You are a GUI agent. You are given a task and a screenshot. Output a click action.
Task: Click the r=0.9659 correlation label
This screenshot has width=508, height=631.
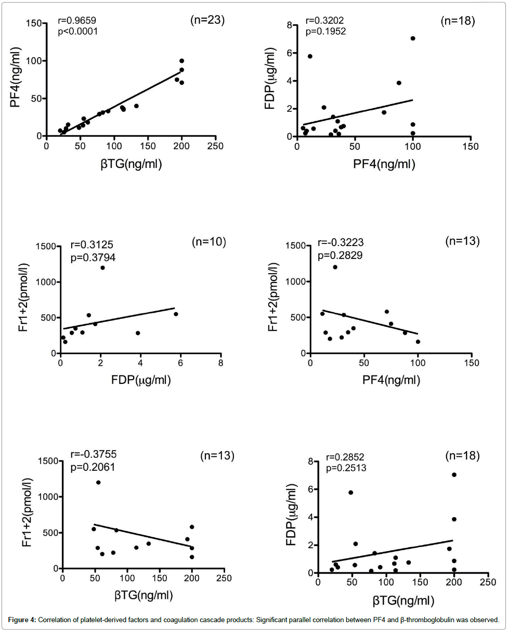tap(77, 21)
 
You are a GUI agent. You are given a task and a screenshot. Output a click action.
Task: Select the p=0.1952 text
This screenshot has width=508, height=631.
tap(325, 31)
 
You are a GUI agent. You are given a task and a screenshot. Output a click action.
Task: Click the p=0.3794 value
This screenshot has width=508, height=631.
tap(93, 257)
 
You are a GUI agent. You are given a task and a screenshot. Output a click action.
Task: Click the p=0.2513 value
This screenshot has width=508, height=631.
tap(346, 468)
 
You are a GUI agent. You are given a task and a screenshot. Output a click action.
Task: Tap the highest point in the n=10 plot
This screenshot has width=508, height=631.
tap(102, 267)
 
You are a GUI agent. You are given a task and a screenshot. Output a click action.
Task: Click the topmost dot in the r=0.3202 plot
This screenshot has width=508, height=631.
tap(413, 38)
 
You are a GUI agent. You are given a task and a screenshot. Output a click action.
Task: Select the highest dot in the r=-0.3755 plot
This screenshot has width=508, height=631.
tap(98, 482)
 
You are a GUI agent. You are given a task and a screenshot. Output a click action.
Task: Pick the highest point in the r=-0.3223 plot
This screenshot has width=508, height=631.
tap(335, 267)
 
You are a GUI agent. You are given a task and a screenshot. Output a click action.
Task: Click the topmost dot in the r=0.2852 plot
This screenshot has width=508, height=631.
tap(454, 474)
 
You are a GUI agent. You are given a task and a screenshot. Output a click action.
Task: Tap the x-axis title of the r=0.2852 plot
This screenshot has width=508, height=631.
tap(402, 600)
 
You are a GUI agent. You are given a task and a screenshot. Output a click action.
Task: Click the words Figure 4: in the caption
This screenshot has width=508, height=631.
tap(22, 620)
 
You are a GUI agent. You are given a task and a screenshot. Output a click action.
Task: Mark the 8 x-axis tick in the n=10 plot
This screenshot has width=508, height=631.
tap(220, 363)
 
